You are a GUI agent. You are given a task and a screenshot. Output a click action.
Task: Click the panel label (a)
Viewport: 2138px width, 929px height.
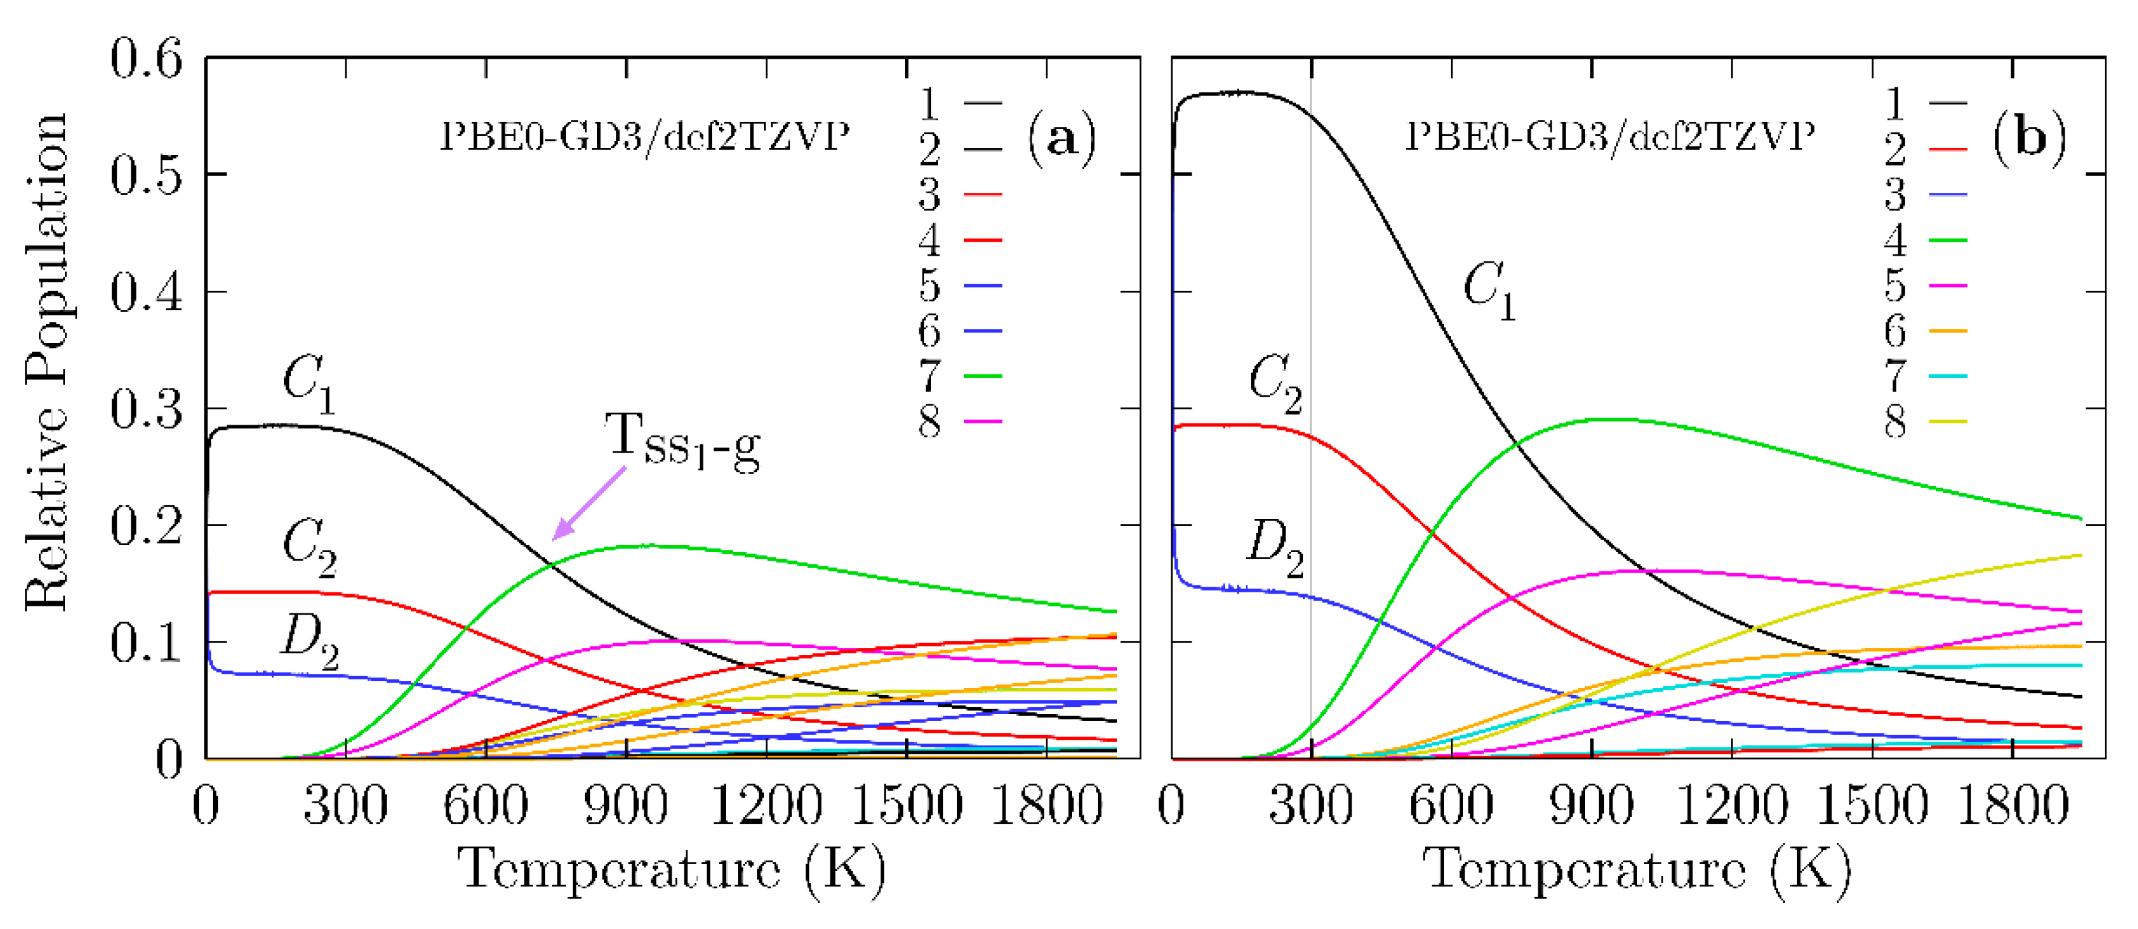[x=1062, y=138]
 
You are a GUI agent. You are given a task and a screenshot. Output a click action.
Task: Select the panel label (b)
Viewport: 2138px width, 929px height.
[x=2028, y=138]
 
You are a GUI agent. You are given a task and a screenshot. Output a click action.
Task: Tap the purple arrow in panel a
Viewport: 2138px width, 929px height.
[x=589, y=503]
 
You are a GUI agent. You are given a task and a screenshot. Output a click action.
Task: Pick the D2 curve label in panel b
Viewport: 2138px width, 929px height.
[x=1275, y=548]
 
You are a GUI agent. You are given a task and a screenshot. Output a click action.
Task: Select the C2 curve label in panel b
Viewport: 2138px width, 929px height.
[x=1275, y=384]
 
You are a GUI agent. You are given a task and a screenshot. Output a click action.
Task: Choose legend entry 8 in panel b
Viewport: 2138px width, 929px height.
[x=1924, y=421]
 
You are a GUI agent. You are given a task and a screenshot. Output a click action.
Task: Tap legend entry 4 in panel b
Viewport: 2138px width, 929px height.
[x=1924, y=240]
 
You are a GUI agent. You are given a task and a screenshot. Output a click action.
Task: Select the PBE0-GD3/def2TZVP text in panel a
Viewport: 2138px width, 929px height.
[x=644, y=136]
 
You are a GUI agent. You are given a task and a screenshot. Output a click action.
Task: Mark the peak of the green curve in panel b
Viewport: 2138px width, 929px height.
[x=1614, y=420]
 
